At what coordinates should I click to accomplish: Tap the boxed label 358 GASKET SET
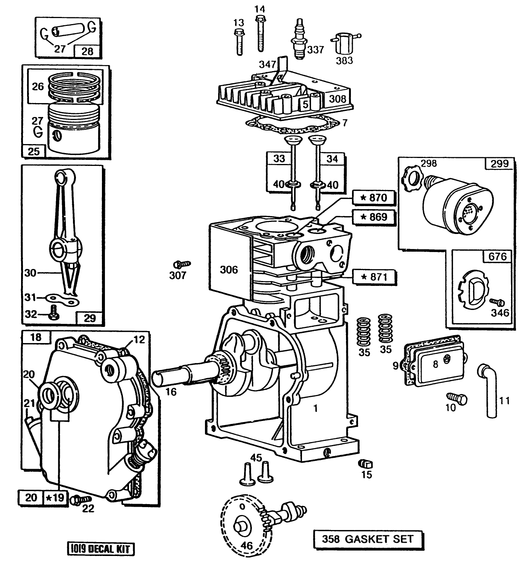tap(367, 539)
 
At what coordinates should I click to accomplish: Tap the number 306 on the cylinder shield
tap(229, 269)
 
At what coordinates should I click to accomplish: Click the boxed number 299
tap(499, 163)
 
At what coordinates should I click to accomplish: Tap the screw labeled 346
tap(498, 302)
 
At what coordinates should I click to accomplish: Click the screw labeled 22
tap(81, 499)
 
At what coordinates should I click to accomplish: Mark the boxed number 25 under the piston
tap(34, 151)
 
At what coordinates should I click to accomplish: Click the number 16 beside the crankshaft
tap(171, 392)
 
